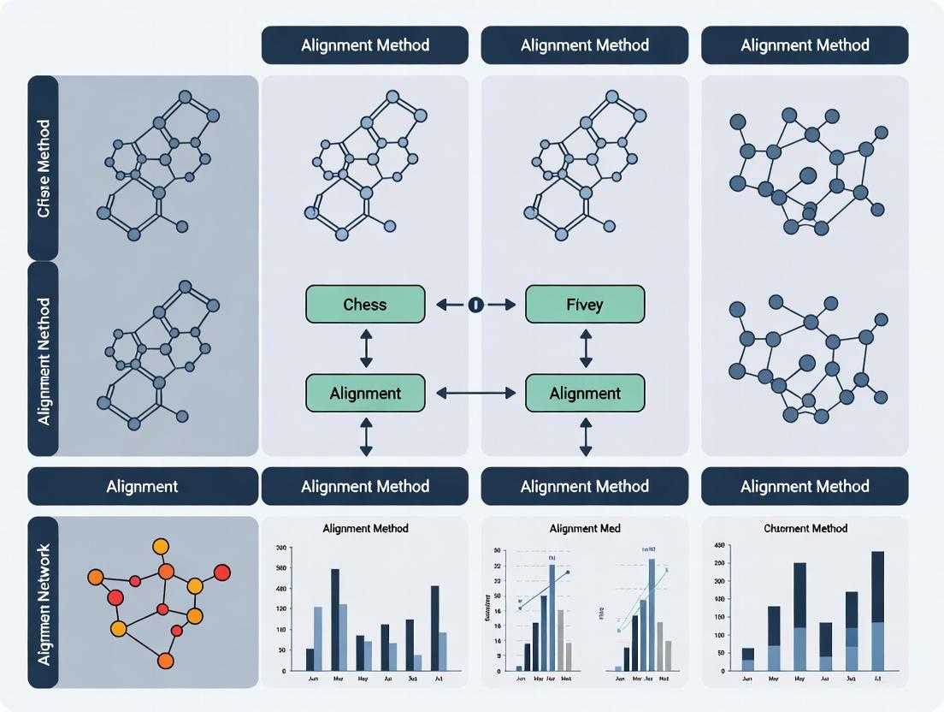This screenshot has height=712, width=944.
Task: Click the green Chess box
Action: (365, 305)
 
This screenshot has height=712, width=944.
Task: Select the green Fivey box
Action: (585, 305)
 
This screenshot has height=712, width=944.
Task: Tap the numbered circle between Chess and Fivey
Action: (475, 304)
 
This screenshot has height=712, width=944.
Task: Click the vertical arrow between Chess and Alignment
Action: (366, 349)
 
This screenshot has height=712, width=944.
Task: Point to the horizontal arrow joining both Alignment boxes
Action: (475, 394)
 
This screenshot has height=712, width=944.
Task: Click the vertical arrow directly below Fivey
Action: (586, 349)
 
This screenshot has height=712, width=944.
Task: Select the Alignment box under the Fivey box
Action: (585, 394)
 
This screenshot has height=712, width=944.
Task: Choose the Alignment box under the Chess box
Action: (365, 394)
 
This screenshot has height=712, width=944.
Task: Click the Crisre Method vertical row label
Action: (44, 168)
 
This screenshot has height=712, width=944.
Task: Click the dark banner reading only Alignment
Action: (143, 486)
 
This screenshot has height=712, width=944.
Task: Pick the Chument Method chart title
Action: (805, 528)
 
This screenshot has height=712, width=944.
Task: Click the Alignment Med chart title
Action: (585, 528)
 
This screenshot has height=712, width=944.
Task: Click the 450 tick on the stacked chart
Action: (719, 545)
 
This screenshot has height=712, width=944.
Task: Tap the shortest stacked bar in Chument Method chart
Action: (748, 659)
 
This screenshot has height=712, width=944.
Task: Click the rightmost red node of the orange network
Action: (222, 572)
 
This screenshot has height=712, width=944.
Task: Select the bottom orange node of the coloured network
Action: (166, 660)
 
